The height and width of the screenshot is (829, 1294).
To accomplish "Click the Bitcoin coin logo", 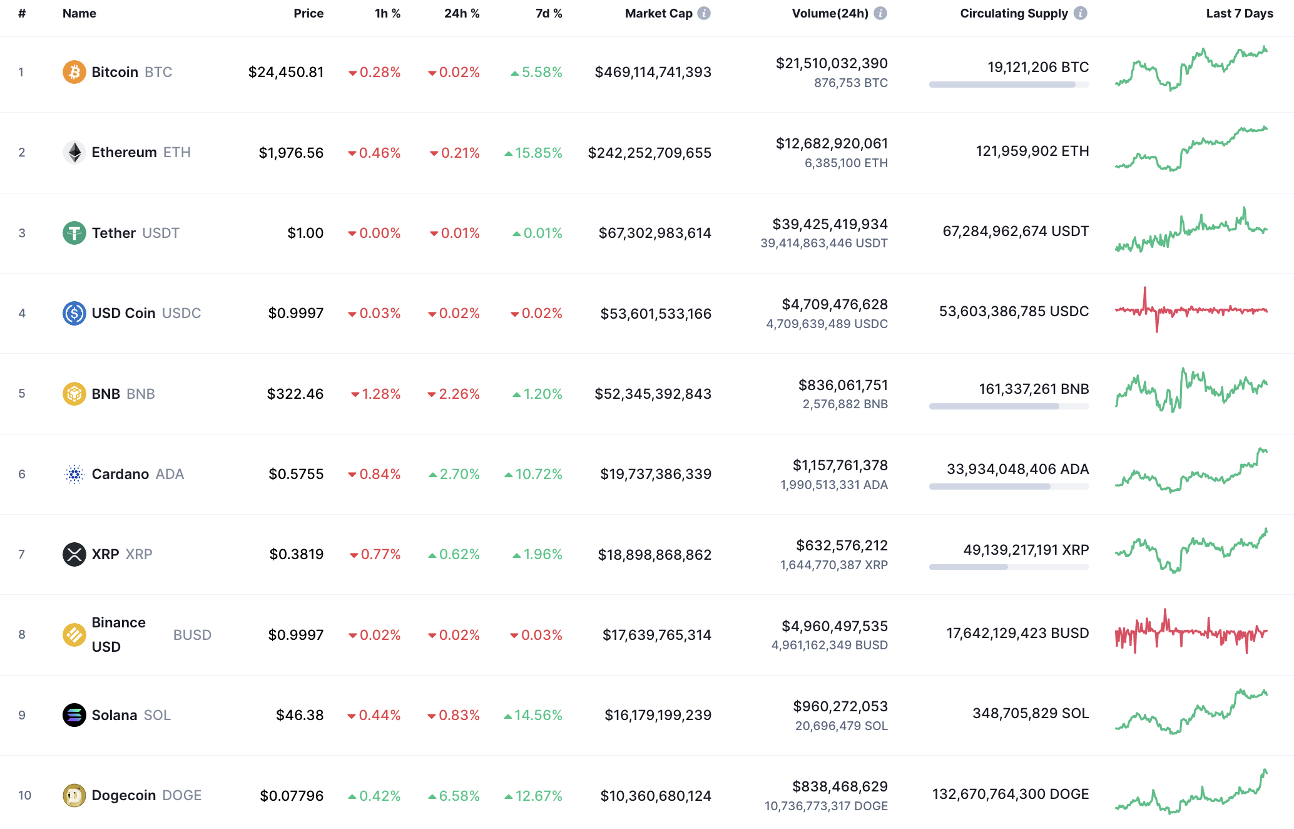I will [74, 72].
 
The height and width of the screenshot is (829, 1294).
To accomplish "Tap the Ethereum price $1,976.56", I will [291, 153].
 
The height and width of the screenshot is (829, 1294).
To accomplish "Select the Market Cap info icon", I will [704, 13].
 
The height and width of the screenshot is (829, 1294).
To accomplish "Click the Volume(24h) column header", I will [830, 13].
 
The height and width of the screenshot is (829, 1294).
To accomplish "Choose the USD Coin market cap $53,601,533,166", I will [655, 314].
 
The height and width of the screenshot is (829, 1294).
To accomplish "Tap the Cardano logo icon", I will [74, 474].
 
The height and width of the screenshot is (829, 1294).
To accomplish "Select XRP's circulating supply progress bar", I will [1009, 567].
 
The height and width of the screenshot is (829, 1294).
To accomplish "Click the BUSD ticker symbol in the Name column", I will [192, 635].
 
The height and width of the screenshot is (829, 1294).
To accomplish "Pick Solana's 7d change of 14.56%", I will [533, 715].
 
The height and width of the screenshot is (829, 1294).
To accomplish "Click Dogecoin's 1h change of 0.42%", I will [374, 796].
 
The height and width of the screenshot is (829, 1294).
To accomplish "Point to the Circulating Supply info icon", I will [1081, 13].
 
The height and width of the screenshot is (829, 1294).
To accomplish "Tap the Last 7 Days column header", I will [1239, 13].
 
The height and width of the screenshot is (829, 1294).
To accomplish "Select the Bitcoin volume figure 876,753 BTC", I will [850, 83].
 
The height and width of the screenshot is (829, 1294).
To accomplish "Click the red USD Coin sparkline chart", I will [1191, 310].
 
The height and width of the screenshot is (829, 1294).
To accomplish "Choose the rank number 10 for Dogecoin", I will [24, 795].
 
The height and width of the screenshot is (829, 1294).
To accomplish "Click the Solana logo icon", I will [74, 715].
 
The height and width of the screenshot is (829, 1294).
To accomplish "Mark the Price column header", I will [308, 13].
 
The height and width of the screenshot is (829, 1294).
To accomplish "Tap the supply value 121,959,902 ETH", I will [1032, 151].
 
